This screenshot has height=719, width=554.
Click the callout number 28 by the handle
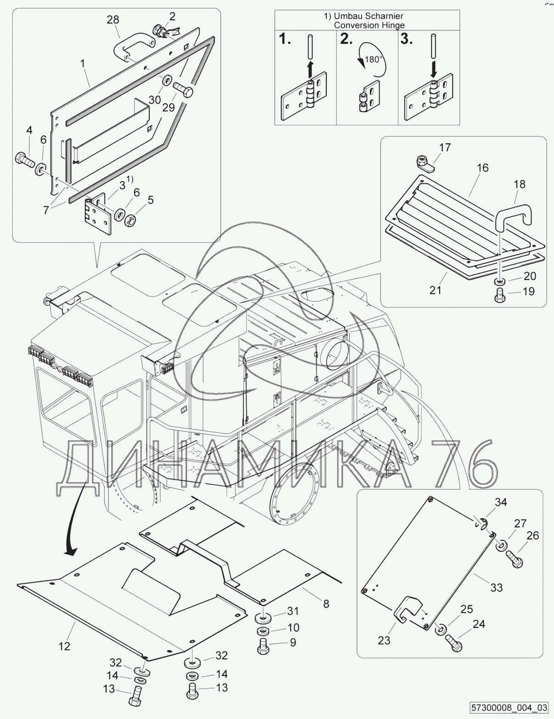click(113, 20)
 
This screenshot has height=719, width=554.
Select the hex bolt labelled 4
click(25, 160)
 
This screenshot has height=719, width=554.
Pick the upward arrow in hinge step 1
click(310, 69)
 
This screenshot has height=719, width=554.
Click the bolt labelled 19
click(499, 294)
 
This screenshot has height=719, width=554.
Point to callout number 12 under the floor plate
click(64, 646)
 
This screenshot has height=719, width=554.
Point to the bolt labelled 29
click(183, 89)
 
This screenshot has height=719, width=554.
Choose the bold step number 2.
click(346, 39)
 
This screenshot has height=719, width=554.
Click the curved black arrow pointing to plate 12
click(78, 517)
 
